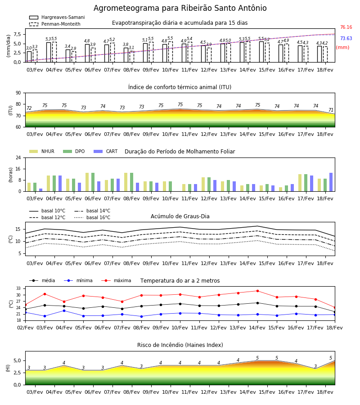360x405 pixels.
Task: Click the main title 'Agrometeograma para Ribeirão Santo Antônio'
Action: point(180,8)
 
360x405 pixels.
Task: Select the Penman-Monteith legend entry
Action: point(55,24)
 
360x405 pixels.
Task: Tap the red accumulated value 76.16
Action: point(346,27)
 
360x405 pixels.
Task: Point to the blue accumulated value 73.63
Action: point(346,39)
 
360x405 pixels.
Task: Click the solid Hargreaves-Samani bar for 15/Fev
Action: point(261,52)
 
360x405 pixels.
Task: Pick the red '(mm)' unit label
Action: point(342,48)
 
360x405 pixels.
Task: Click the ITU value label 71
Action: point(331,110)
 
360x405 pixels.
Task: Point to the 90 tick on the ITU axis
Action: point(18,93)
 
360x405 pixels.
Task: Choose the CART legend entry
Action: point(106,151)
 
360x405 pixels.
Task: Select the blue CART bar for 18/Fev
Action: point(331,182)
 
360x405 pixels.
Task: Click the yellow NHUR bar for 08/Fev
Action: point(126,182)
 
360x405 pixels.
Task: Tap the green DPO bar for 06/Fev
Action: point(93,182)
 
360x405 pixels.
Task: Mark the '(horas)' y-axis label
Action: point(11,175)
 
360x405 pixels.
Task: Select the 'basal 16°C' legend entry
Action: point(92,217)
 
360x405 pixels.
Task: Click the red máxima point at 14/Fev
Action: point(257,291)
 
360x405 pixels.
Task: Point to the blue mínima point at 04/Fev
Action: point(64,310)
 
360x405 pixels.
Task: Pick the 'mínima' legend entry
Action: point(78,280)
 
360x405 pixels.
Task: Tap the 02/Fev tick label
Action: point(25,328)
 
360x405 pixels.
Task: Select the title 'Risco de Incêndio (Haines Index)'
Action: point(180,345)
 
